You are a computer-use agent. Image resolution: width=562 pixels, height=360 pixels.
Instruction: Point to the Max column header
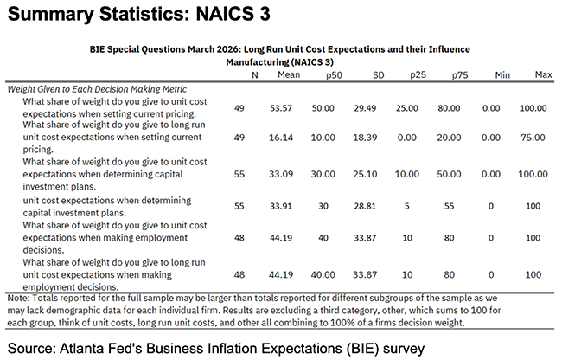tap(543, 75)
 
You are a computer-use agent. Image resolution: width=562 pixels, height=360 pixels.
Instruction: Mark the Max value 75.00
tap(539, 138)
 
